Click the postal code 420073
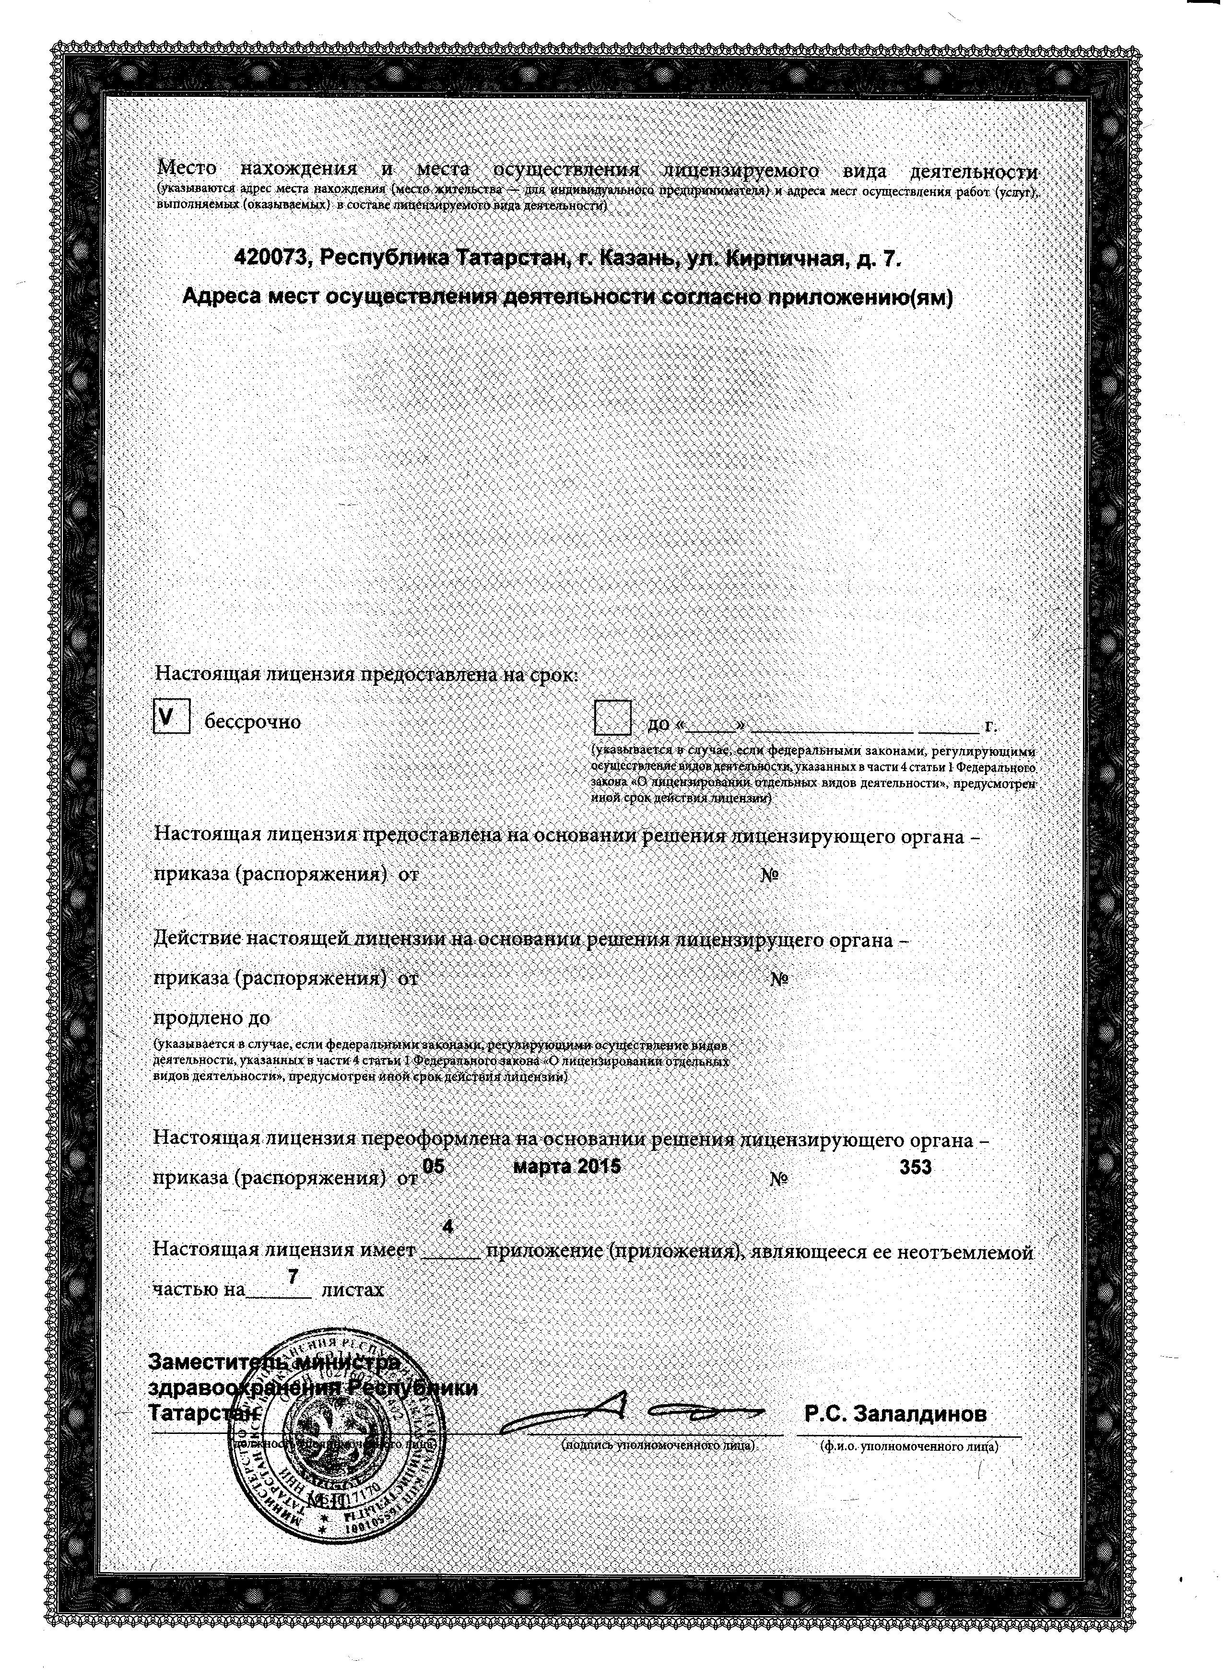pos(270,258)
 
